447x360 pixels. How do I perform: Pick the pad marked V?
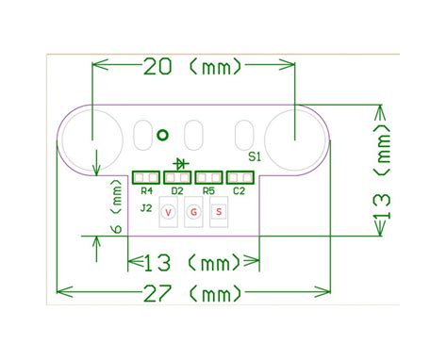tap(169, 213)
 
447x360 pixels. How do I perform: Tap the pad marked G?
tap(193, 213)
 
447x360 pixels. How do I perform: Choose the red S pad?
tap(218, 213)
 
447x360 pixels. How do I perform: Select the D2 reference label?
tap(176, 191)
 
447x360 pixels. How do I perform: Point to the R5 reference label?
tap(208, 191)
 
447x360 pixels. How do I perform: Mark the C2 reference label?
tap(240, 191)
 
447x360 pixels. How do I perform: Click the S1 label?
tap(254, 156)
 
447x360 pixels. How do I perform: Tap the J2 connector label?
tap(146, 207)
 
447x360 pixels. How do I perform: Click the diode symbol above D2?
tap(178, 164)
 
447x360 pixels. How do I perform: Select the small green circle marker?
tap(161, 135)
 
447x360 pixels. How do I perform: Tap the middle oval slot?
tap(194, 135)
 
